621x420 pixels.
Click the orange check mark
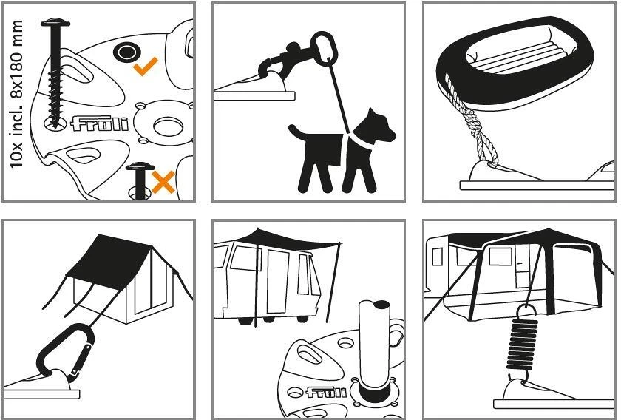145,67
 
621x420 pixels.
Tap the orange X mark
163,182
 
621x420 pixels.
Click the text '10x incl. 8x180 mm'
16,94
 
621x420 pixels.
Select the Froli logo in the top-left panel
99,123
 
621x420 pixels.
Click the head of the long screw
55,22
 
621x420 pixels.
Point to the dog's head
379,126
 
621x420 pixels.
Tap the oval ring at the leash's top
324,47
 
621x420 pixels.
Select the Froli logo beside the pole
326,392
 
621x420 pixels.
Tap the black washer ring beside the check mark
127,52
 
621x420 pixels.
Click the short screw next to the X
140,180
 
